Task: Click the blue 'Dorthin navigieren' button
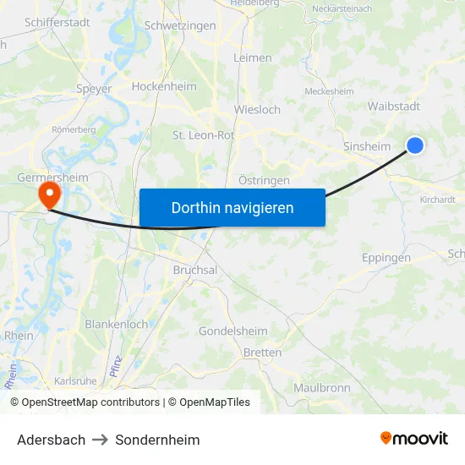232,207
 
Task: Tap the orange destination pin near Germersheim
49,195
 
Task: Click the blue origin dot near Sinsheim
415,145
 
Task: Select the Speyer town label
94,88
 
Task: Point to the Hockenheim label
164,86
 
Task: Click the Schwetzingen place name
180,25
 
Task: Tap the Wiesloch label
257,109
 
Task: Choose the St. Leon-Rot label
204,134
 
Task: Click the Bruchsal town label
195,270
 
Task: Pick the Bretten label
262,353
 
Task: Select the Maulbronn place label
321,387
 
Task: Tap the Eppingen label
386,258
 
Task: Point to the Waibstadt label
394,106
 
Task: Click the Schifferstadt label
57,23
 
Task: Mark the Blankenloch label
116,324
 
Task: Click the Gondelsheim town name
233,331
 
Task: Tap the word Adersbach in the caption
51,440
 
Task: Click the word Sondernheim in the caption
158,440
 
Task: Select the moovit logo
414,438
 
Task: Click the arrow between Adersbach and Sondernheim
101,440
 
